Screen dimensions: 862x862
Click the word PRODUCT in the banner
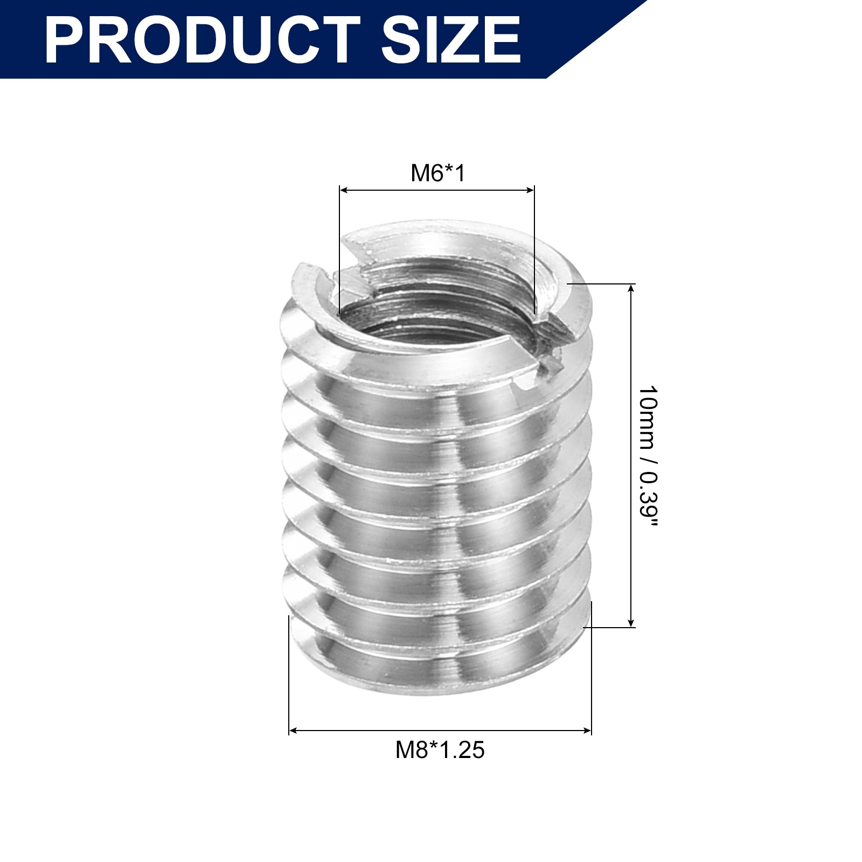pos(202,40)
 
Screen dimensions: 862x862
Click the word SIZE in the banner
pos(451,40)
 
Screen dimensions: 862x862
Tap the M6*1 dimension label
pos(437,173)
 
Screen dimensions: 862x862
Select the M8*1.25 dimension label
pos(440,750)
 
